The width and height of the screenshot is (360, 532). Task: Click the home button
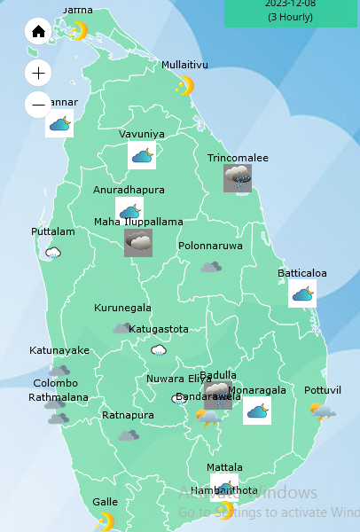click(x=38, y=33)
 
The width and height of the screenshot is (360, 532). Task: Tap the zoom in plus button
click(x=38, y=72)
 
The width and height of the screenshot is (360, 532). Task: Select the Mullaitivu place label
click(x=184, y=65)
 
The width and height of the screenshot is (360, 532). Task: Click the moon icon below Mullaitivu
click(x=184, y=85)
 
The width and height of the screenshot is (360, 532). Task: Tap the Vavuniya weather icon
click(x=142, y=156)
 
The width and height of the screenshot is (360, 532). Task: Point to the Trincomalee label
click(x=238, y=158)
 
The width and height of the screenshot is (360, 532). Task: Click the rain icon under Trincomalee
click(x=238, y=178)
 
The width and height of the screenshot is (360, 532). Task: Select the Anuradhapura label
click(x=129, y=190)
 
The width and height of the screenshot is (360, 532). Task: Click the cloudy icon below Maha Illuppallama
click(x=138, y=242)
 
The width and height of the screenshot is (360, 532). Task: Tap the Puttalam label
click(x=53, y=231)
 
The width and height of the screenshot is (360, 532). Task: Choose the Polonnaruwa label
click(x=210, y=246)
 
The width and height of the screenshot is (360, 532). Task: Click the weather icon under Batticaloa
click(x=302, y=293)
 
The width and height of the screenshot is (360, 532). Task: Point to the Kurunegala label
click(x=122, y=309)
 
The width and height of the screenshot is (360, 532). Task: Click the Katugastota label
click(x=159, y=329)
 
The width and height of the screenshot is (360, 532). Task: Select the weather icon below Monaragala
click(x=257, y=411)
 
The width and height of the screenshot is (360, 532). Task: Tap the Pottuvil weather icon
click(x=322, y=411)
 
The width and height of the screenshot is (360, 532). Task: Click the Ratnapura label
click(x=128, y=415)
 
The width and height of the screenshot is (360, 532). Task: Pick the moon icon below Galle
click(x=106, y=521)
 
